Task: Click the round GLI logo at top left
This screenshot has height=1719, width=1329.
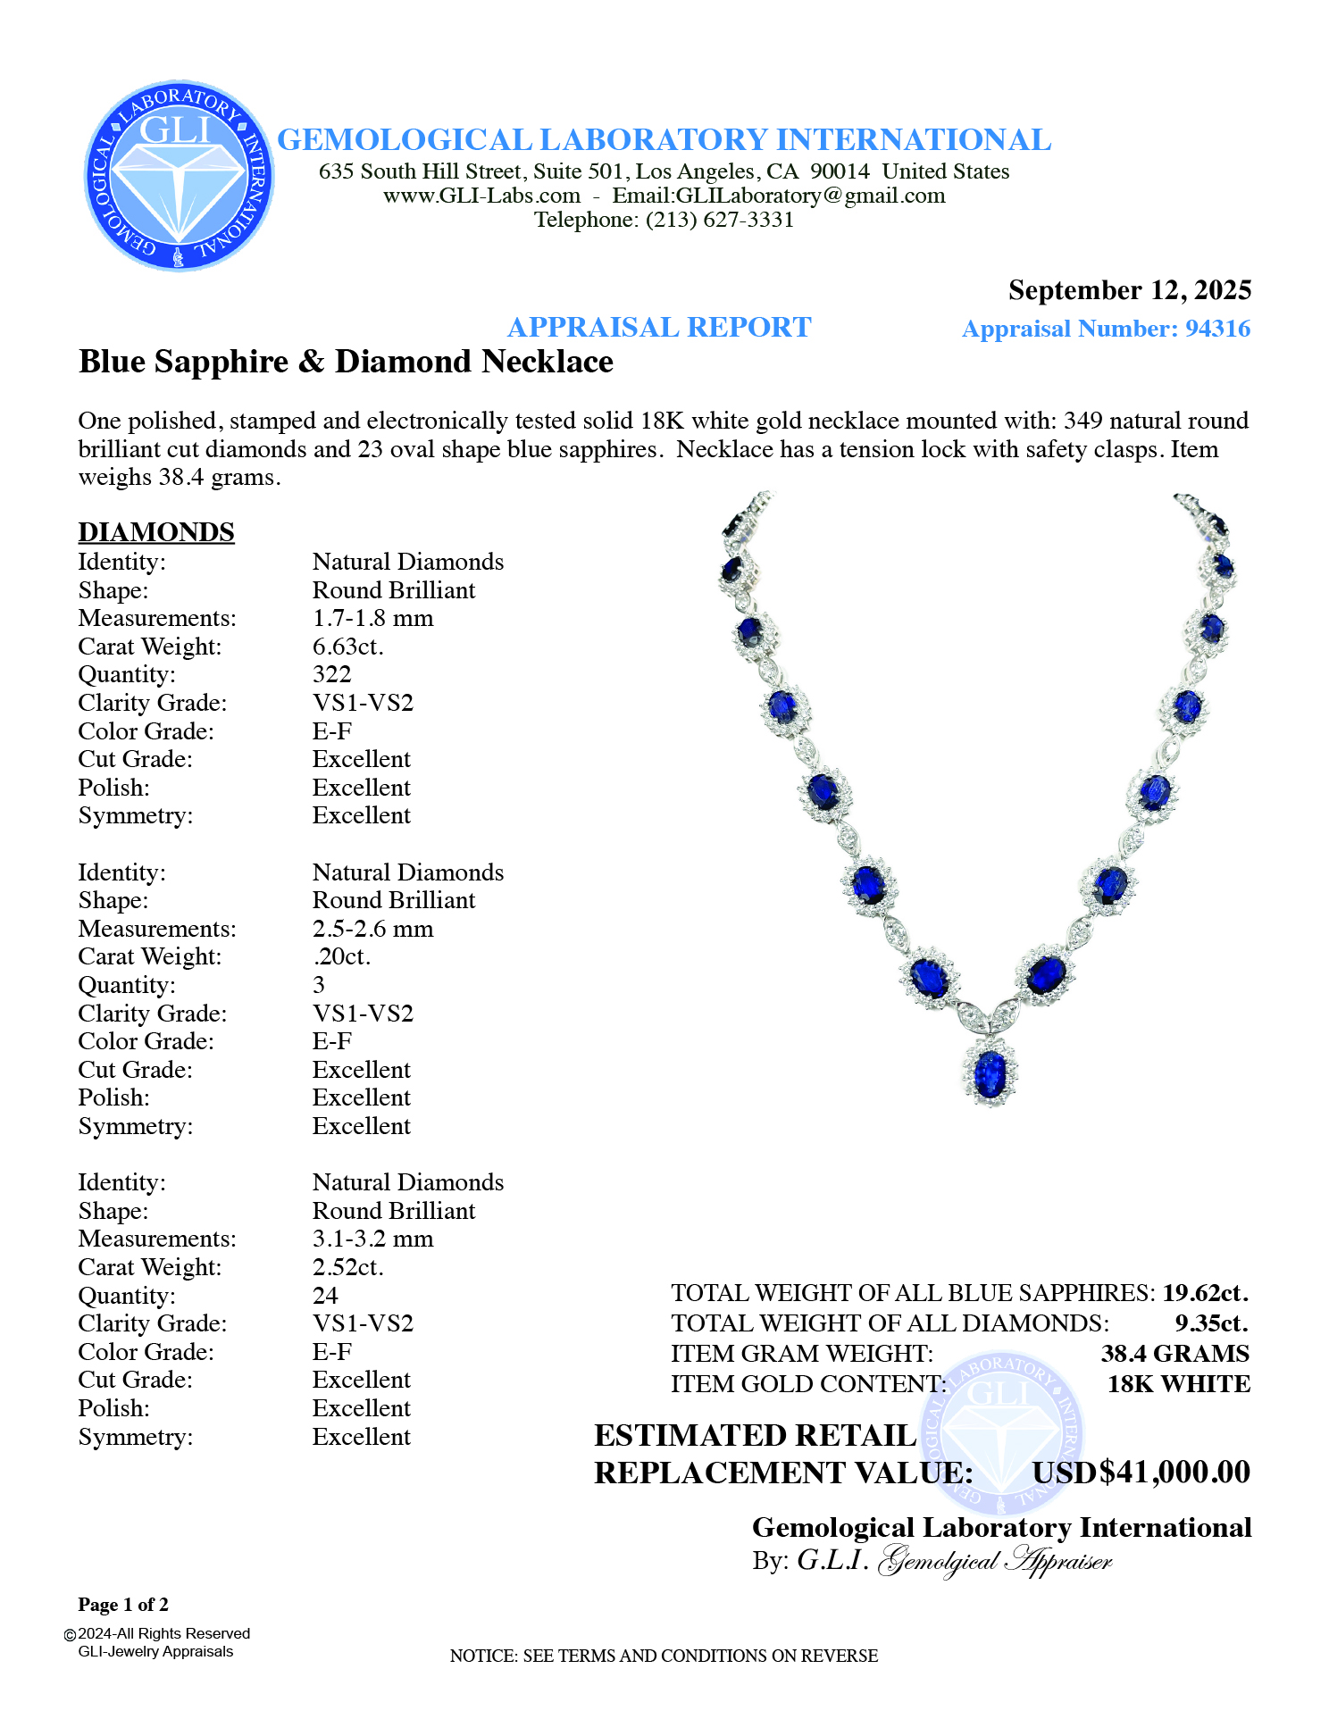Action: point(179,175)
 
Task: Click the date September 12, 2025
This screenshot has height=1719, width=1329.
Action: point(1129,290)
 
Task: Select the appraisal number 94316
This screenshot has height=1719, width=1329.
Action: point(1216,329)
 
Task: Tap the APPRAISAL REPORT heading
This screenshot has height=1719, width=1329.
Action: point(659,328)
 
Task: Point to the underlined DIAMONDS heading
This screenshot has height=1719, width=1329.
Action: point(156,532)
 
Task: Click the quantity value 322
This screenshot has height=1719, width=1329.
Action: point(331,674)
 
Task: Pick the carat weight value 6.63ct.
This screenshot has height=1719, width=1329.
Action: point(347,647)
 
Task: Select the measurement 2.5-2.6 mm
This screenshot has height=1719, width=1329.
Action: point(372,929)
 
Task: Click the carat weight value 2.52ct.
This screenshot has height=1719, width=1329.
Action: point(347,1267)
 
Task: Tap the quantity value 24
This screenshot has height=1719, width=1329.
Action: point(325,1296)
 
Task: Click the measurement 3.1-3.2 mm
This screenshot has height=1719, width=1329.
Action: point(372,1239)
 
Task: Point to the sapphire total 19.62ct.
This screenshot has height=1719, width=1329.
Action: point(1205,1293)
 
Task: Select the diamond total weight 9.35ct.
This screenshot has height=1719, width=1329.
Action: point(1211,1323)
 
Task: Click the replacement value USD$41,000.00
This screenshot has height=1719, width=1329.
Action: point(1141,1473)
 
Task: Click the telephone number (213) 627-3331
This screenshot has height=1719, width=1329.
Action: point(720,220)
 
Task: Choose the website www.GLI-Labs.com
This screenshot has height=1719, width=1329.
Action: point(481,196)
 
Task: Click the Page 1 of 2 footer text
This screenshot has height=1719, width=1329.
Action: point(123,1605)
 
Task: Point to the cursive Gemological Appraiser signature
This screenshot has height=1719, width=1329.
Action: point(995,1561)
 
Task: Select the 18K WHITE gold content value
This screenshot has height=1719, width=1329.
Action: point(1178,1384)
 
